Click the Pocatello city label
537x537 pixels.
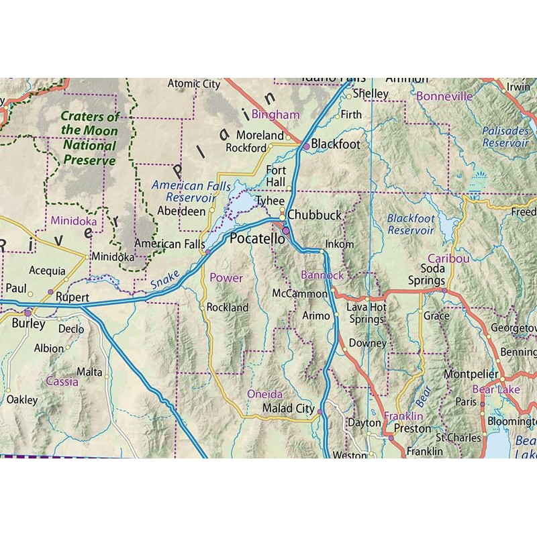(x=252, y=239)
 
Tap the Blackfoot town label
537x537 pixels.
(x=336, y=144)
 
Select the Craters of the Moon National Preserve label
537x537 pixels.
(x=90, y=138)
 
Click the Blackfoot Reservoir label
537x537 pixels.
(x=411, y=224)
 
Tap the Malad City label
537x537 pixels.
(x=288, y=408)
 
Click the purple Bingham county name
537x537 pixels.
(x=275, y=115)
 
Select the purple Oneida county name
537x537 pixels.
(x=265, y=394)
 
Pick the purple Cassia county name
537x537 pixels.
(x=62, y=381)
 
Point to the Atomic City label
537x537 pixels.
(x=193, y=84)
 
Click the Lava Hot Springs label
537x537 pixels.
(x=366, y=313)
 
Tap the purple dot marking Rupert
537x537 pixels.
(x=50, y=291)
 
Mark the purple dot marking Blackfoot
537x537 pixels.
(x=306, y=146)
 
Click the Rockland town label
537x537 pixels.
(x=228, y=307)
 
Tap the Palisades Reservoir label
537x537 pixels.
(x=505, y=137)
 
